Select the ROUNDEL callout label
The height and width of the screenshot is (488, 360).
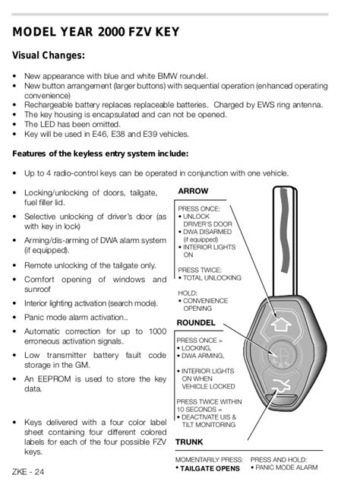(196, 323)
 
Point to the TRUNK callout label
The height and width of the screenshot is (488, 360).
(189, 442)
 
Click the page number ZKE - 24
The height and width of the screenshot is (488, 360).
(29, 473)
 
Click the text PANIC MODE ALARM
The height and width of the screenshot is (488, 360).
(287, 468)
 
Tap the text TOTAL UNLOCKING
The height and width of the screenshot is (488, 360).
(213, 278)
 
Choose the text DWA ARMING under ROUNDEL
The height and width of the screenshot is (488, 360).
(205, 356)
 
